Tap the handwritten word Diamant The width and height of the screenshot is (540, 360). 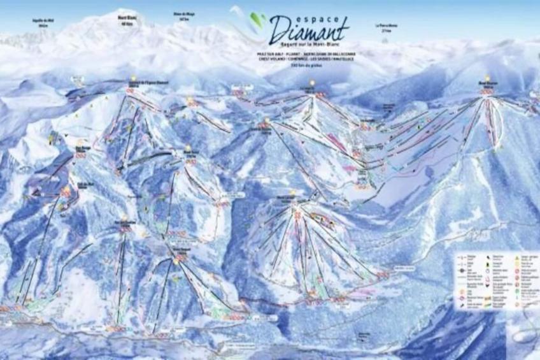click(x=309, y=29)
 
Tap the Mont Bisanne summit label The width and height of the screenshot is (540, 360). click(x=487, y=83)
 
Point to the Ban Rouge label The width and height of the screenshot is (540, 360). click(x=81, y=147)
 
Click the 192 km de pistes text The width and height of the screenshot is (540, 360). click(x=304, y=66)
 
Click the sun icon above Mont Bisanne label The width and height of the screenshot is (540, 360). click(x=487, y=77)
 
